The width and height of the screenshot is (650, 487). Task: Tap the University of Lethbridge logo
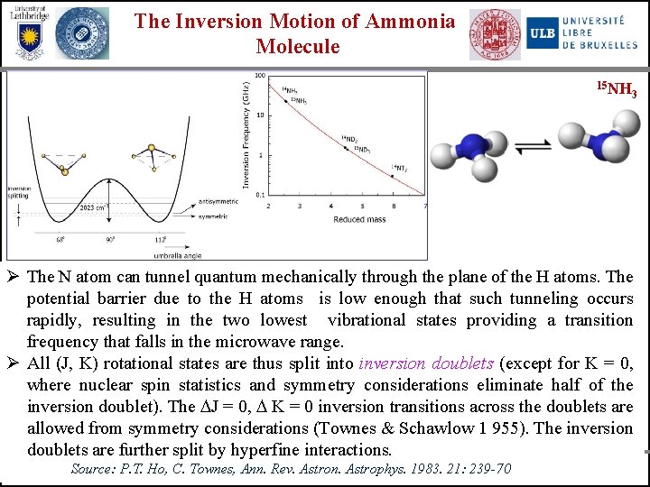tap(28, 32)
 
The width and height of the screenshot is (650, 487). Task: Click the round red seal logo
tap(494, 35)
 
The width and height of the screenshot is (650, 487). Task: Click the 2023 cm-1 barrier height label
tap(94, 207)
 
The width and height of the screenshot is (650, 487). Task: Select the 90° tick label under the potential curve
tap(111, 240)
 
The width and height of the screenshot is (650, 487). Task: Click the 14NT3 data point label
tap(398, 169)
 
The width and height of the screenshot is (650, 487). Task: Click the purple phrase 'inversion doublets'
tap(426, 363)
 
